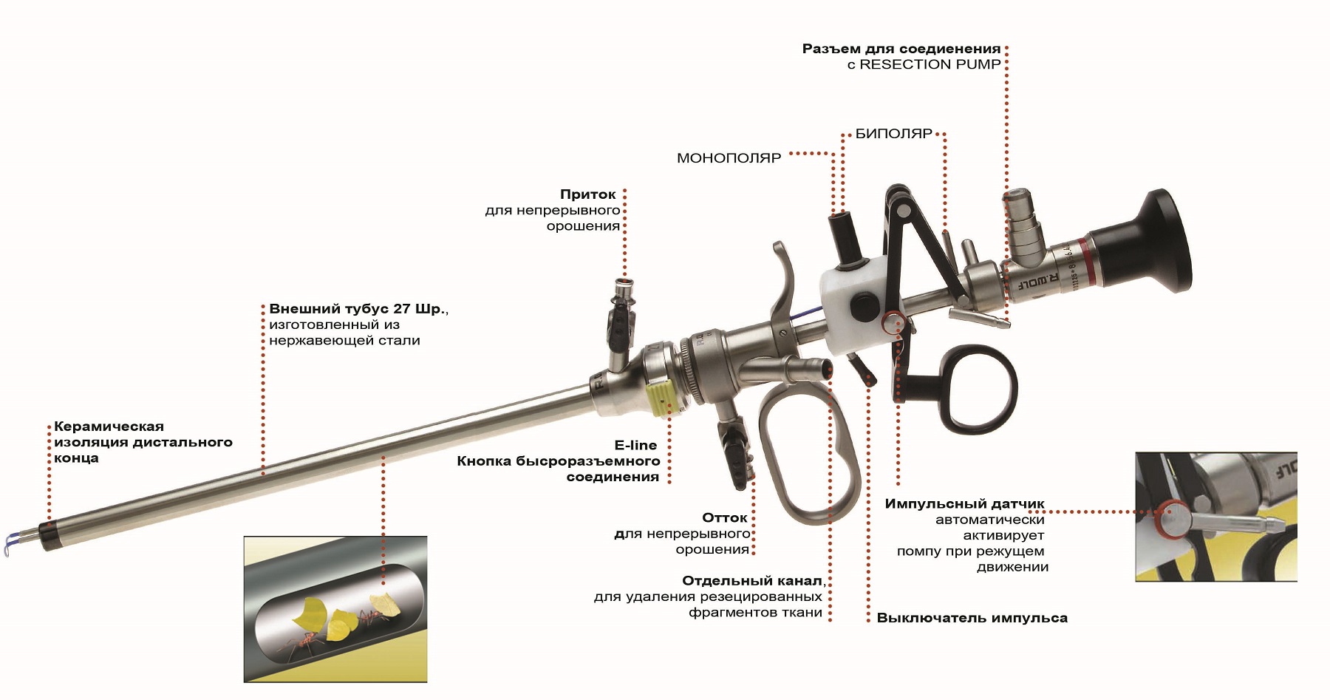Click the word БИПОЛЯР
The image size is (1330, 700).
pos(894,134)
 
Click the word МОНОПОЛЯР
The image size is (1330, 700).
pos(729,158)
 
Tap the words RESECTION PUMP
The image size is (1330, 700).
pos(930,64)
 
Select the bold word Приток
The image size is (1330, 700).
pos(588,194)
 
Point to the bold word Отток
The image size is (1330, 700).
pos(725,517)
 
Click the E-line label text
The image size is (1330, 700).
pos(635,445)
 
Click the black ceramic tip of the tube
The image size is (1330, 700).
pos(50,535)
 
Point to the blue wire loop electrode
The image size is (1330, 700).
pos(15,543)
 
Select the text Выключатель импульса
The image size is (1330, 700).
pos(972,618)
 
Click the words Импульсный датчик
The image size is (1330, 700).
pos(965,504)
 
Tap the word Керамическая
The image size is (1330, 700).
pos(109,427)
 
